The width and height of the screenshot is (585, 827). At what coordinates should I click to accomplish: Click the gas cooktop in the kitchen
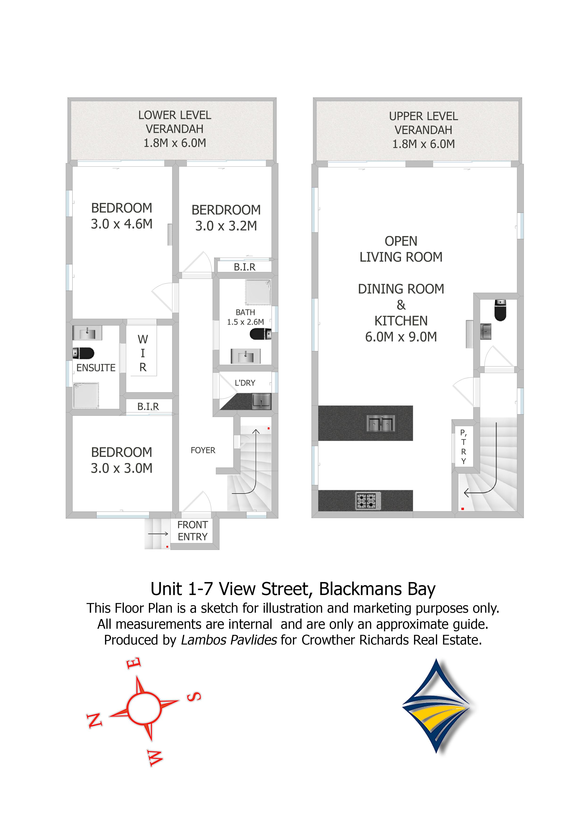(368, 501)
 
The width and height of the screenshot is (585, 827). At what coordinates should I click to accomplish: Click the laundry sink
(261, 401)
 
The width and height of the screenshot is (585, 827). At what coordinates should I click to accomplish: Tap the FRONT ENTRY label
(193, 531)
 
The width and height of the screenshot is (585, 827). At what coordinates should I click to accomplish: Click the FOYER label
(203, 450)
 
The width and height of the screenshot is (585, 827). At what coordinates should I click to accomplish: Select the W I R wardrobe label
(143, 353)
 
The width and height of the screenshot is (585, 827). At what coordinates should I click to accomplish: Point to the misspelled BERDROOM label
(226, 210)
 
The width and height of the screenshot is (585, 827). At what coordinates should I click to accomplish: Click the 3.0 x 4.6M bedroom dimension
(121, 224)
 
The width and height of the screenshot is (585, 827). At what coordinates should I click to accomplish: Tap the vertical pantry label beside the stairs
(464, 447)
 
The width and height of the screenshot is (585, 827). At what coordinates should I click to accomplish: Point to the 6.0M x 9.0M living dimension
(401, 337)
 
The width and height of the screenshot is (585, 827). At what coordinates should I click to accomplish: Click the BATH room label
(245, 312)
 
